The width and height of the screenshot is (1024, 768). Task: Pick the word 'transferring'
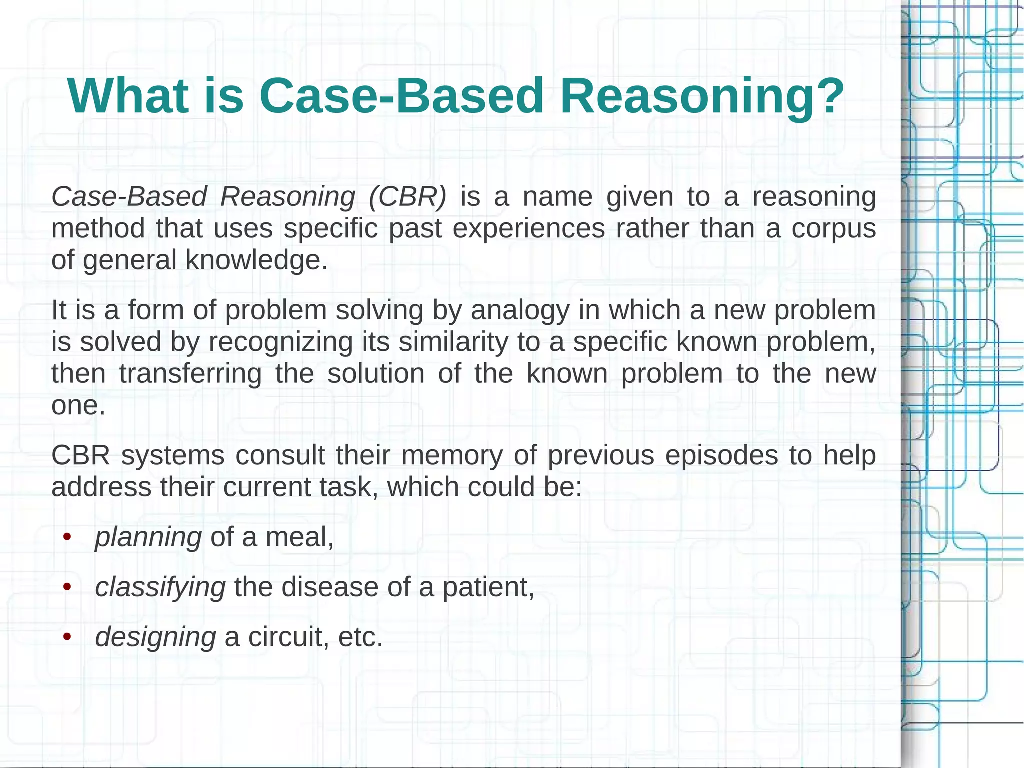point(190,374)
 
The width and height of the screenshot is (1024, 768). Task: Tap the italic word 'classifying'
point(160,587)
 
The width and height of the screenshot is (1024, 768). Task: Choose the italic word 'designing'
point(155,638)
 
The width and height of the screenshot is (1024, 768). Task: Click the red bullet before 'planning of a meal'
point(67,538)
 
